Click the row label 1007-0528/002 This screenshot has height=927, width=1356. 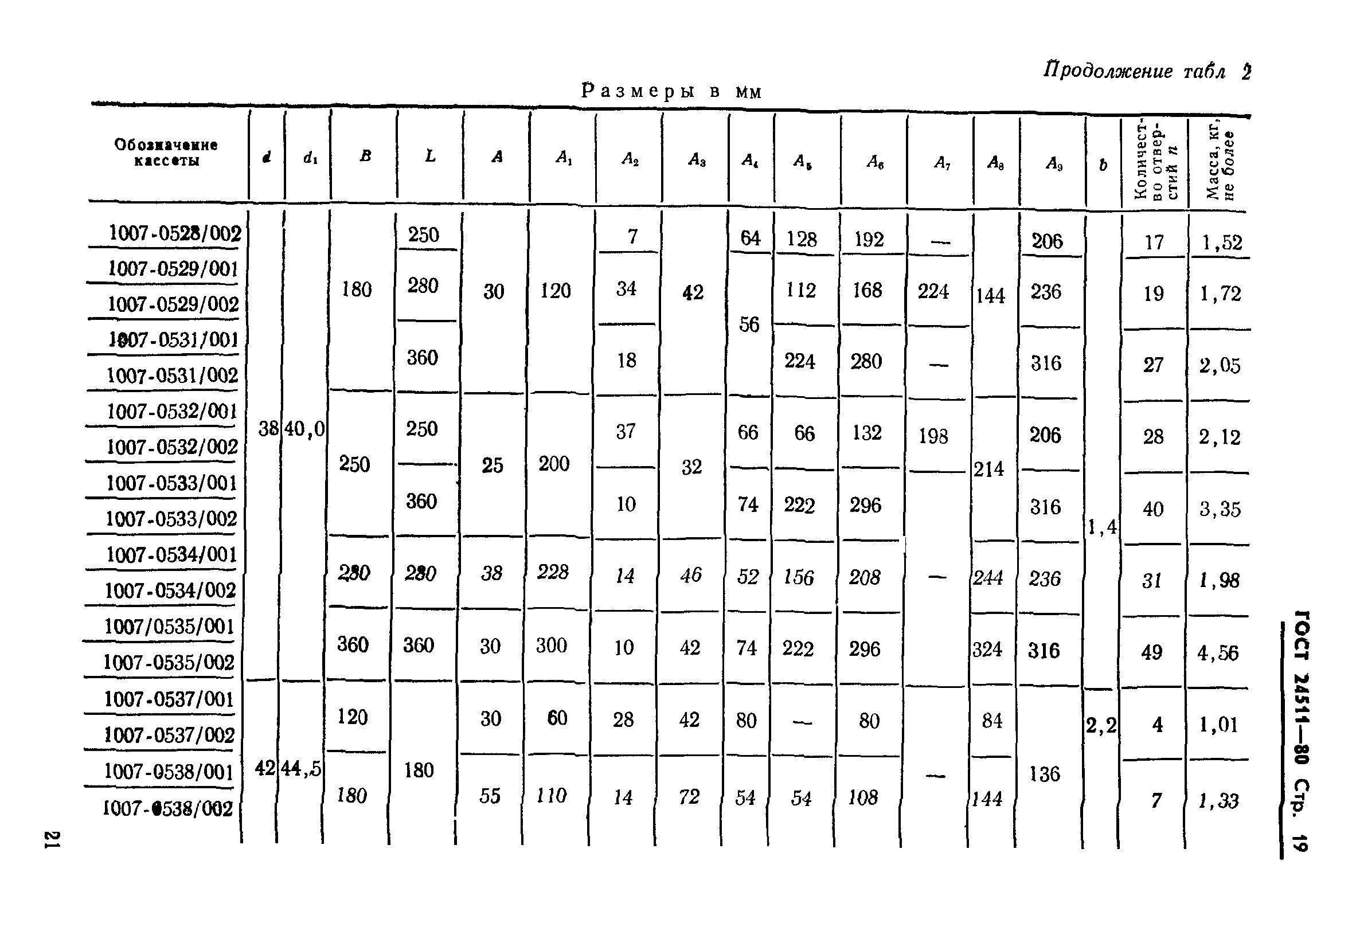click(x=174, y=233)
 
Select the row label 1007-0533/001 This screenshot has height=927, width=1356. click(x=171, y=483)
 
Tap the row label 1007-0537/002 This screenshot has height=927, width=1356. click(x=169, y=735)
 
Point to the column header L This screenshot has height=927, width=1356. click(x=430, y=156)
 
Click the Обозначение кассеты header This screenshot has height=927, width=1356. click(x=166, y=152)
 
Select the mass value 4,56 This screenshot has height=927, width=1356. click(x=1217, y=653)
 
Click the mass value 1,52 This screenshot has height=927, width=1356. click(x=1222, y=242)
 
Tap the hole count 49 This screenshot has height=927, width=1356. click(x=1152, y=652)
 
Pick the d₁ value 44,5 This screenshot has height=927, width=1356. click(x=300, y=769)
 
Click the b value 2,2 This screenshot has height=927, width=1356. click(x=1101, y=725)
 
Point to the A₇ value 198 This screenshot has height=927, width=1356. click(x=933, y=436)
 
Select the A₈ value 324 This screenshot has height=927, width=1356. click(x=987, y=650)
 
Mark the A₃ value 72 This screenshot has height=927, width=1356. click(x=689, y=796)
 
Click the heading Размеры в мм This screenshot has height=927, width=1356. click(x=671, y=92)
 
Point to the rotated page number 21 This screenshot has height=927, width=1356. click(x=52, y=840)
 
